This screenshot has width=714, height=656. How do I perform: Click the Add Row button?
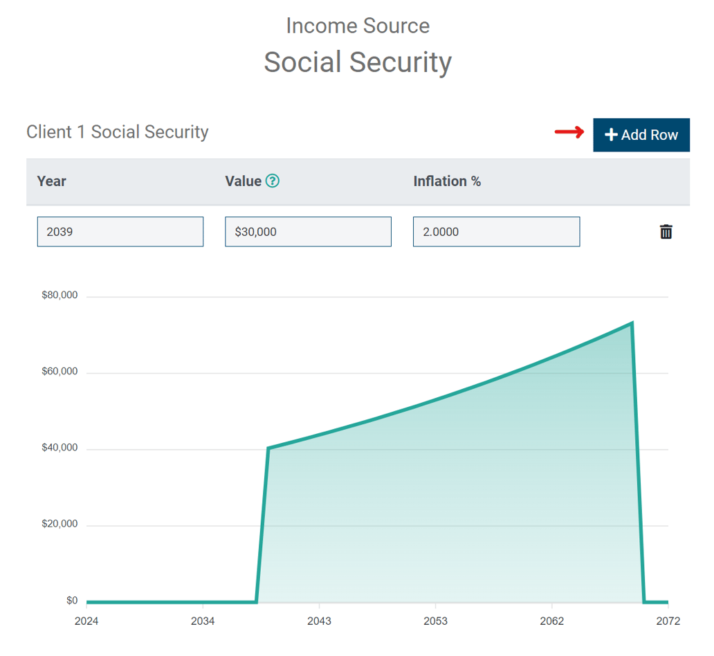pos(641,135)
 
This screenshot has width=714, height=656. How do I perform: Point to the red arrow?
pos(569,133)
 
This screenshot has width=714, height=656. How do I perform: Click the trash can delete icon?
pos(666,232)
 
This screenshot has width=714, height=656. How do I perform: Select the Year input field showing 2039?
pos(120,232)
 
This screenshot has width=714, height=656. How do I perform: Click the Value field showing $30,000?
pos(308,232)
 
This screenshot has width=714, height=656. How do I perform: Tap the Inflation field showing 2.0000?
pos(496,232)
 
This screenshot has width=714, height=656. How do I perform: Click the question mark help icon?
pos(273,181)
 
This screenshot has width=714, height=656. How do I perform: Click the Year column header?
pos(52,181)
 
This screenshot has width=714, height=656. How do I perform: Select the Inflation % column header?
pos(447,181)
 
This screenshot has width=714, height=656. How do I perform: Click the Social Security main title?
pos(358,62)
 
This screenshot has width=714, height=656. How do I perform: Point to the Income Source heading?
pos(358,26)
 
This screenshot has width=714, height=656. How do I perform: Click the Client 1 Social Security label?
pos(118,132)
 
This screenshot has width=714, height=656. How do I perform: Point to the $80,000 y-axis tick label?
pos(59,295)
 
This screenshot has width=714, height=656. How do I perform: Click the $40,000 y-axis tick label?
pos(59,448)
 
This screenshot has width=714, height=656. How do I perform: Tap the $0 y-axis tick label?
pos(72,601)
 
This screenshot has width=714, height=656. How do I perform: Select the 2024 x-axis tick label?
pos(86,621)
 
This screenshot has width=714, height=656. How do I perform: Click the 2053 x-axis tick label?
pos(436,621)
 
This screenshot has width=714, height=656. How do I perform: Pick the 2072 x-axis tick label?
pos(668,621)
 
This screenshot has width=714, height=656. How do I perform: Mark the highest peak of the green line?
pos(632,323)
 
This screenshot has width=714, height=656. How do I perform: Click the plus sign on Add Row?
pos(611,135)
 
